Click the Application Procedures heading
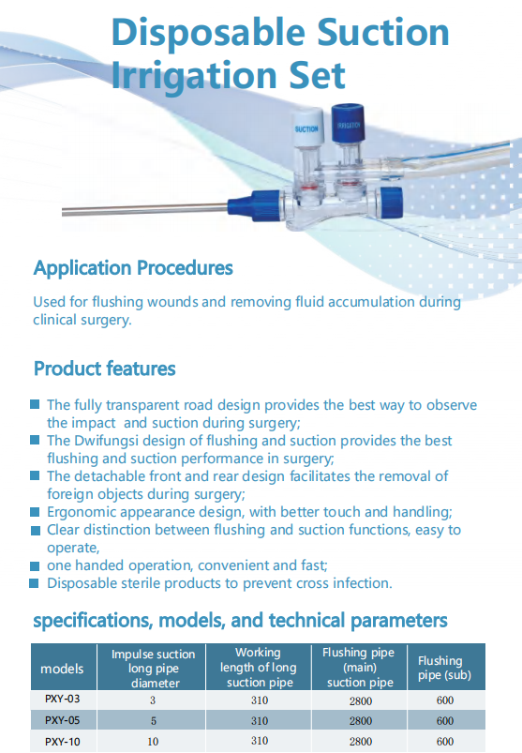pyautogui.click(x=133, y=268)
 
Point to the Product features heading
pyautogui.click(x=104, y=368)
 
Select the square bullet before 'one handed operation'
pyautogui.click(x=35, y=565)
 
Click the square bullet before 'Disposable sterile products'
pyautogui.click(x=35, y=582)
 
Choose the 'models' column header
pyautogui.click(x=62, y=669)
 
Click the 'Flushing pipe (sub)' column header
pyautogui.click(x=440, y=668)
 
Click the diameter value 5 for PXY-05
pyautogui.click(x=153, y=720)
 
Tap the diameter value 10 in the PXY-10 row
pyautogui.click(x=153, y=742)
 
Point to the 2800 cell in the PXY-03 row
pyautogui.click(x=360, y=700)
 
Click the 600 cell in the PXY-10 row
pyautogui.click(x=444, y=742)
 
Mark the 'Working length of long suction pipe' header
pyautogui.click(x=259, y=668)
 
